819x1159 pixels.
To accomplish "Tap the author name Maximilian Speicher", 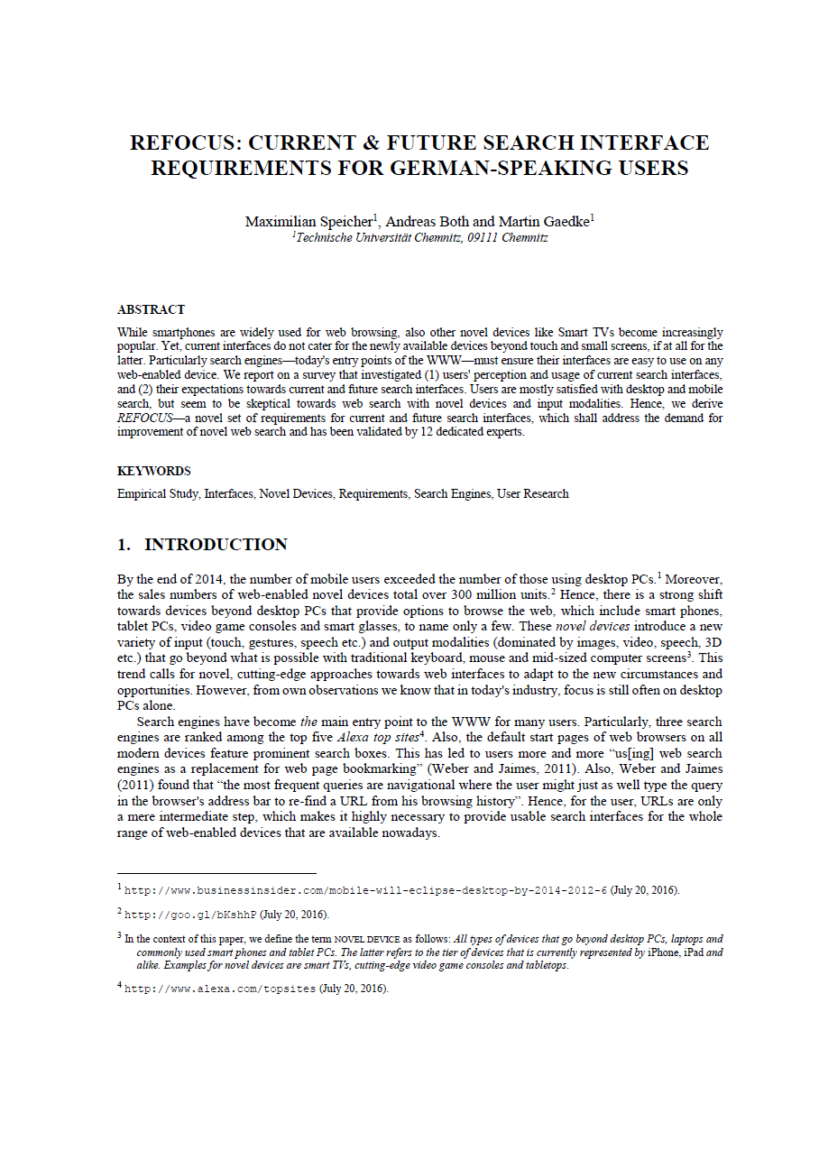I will [x=308, y=222].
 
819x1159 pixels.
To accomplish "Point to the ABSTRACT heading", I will [x=151, y=309].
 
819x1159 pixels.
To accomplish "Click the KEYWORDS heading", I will [x=153, y=471].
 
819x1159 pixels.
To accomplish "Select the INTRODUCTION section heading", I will [x=216, y=545].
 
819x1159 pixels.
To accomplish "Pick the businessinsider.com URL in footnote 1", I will [x=365, y=890].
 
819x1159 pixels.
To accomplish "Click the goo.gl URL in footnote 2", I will [x=190, y=913].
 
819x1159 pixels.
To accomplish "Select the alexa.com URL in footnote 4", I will [x=219, y=989].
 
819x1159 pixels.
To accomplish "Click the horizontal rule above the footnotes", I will [x=216, y=873].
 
